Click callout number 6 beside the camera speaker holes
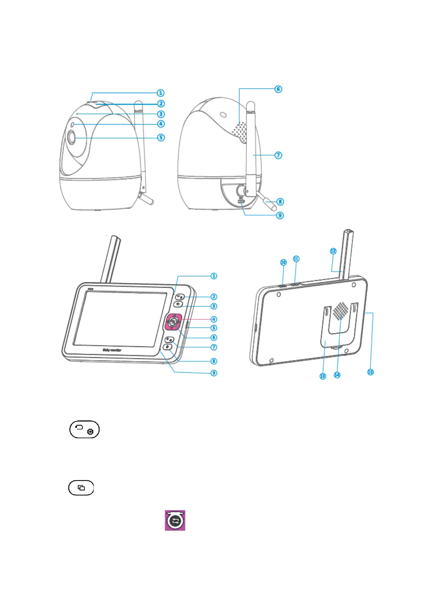coord(278,89)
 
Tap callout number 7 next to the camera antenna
coord(278,155)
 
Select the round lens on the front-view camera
coord(71,138)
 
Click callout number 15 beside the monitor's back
coord(370,372)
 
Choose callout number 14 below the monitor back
coord(337,375)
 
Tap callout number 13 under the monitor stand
coord(323,376)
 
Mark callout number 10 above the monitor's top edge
coord(283,262)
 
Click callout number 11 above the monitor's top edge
coord(296,259)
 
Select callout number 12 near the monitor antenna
coord(333,251)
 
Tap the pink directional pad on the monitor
coord(174,321)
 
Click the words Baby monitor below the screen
coord(112,350)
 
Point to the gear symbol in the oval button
coord(90,432)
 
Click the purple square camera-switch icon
coord(175,520)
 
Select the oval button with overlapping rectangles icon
coord(81,488)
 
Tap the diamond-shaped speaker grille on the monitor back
coord(341,310)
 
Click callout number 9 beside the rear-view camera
coord(280,215)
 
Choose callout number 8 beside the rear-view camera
coord(280,202)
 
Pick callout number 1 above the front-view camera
coord(161,93)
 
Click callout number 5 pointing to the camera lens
coord(161,138)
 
